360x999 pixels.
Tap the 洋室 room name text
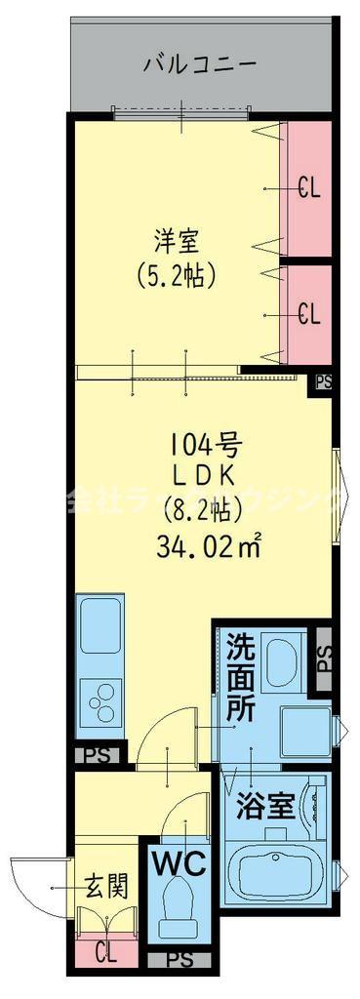pyautogui.click(x=176, y=237)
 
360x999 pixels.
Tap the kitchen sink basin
pyautogui.click(x=99, y=625)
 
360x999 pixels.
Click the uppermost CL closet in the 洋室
pyautogui.click(x=306, y=187)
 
